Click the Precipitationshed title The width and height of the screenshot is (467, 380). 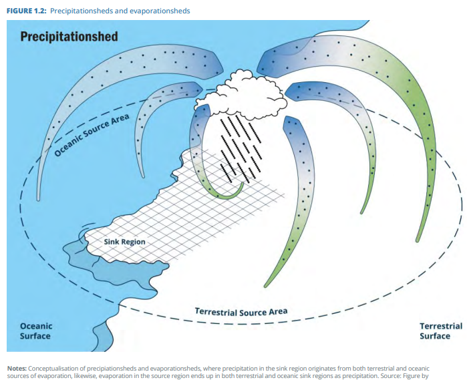pos(69,37)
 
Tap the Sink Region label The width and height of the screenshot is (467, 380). pos(124,242)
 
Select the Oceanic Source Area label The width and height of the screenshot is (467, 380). pos(92,135)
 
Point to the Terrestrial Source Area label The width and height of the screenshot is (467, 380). pos(241,312)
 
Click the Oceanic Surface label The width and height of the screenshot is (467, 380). pos(36,331)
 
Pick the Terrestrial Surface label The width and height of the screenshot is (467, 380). pos(441,331)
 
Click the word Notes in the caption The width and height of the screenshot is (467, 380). pos(17,369)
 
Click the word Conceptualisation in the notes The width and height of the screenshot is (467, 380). pos(53,369)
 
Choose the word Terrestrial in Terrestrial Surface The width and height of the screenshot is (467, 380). pos(441,327)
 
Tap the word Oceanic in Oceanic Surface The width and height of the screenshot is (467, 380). pos(36,327)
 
